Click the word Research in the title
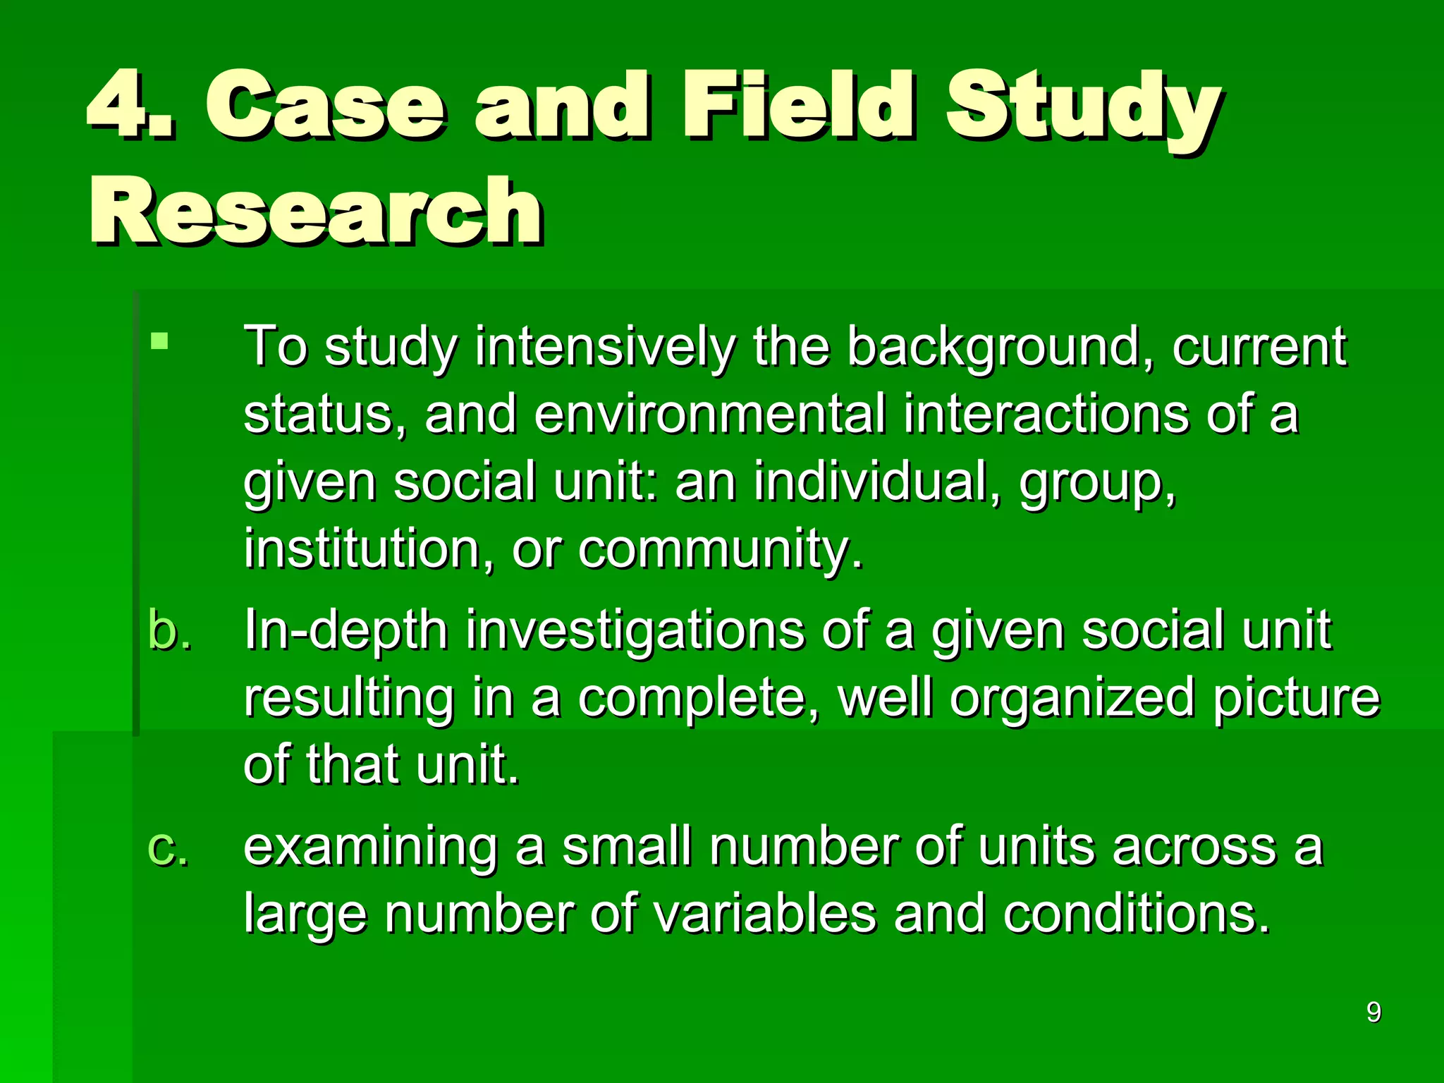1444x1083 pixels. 316,212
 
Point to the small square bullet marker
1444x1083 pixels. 160,341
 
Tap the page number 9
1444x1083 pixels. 1373,1012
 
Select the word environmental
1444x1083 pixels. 709,415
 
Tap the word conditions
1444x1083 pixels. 1136,914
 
